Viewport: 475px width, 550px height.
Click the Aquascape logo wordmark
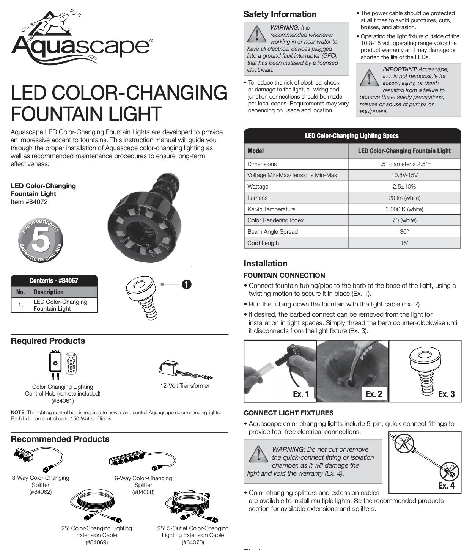click(x=82, y=46)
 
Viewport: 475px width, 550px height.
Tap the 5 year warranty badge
click(x=41, y=240)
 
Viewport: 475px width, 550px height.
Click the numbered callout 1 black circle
click(x=187, y=284)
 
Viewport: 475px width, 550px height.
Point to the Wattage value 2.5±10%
click(x=404, y=187)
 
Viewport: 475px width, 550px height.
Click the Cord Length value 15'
click(x=404, y=243)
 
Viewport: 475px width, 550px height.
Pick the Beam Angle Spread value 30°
click(x=404, y=232)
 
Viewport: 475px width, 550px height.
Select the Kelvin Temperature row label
click(x=271, y=209)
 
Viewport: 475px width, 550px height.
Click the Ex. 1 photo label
click(x=301, y=394)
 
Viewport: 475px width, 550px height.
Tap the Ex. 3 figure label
click(x=446, y=394)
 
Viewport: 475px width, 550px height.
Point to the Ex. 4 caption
click(x=446, y=486)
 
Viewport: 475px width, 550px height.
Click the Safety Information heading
click(x=280, y=14)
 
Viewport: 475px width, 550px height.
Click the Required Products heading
click(x=48, y=341)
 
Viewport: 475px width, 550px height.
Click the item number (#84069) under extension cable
click(x=97, y=542)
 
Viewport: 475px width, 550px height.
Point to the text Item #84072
click(x=29, y=202)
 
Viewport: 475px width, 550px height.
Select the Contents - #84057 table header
click(x=54, y=281)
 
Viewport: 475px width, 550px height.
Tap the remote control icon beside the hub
click(x=71, y=363)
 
